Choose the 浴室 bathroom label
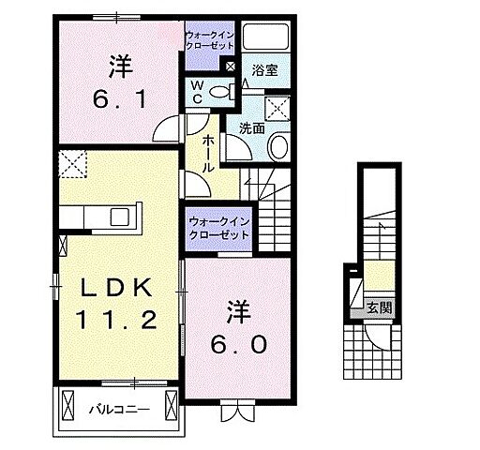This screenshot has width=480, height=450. click(264, 68)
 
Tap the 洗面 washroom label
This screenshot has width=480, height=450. click(251, 127)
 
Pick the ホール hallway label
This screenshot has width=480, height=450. click(208, 152)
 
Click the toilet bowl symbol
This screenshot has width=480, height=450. click(221, 91)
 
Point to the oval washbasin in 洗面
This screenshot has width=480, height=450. click(279, 146)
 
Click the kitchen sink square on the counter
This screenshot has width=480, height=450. click(121, 217)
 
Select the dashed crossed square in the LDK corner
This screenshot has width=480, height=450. click(71, 165)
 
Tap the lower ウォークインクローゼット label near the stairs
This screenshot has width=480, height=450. click(217, 228)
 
